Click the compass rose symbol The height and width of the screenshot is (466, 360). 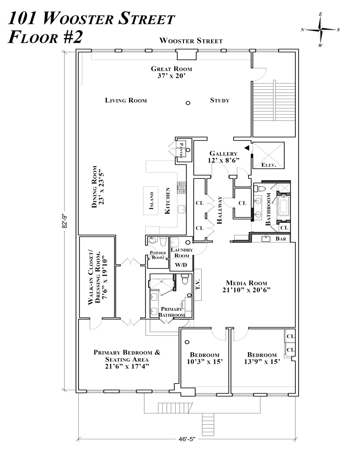tap(320, 30)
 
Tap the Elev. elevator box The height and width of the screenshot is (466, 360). tap(268, 155)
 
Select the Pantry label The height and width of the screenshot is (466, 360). tap(181, 149)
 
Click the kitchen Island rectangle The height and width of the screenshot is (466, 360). tap(151, 200)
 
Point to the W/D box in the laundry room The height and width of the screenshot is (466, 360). tap(181, 265)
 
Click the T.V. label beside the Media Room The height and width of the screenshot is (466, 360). tap(198, 284)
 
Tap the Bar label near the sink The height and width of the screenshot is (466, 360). tap(281, 239)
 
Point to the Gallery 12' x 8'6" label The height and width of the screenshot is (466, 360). tap(223, 157)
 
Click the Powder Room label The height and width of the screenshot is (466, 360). tap(158, 255)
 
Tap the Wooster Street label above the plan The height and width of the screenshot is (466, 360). tap(191, 41)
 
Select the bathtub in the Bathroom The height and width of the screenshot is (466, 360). tap(283, 206)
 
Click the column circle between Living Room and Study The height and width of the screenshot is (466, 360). tap(188, 103)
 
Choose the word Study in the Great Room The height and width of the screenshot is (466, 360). tap(220, 100)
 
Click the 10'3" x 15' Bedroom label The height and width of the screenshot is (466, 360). tap(205, 358)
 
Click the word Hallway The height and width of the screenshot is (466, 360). tap(219, 210)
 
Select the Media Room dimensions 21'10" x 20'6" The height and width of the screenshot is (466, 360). tap(246, 290)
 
